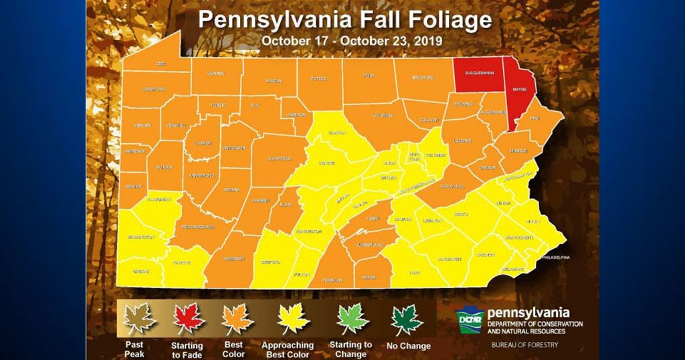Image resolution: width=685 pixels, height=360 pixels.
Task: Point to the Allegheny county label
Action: coord(159,199)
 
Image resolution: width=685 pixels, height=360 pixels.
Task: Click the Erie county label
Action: coord(161,63)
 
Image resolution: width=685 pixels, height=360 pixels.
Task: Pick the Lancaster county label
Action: coord(450,258)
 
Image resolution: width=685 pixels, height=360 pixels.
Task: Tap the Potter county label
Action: coord(318,78)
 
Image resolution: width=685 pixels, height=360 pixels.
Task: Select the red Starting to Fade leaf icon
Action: coord(189,319)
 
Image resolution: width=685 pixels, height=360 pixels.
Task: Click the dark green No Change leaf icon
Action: coord(407,319)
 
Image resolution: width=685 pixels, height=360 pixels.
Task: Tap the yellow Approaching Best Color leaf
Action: coord(293,319)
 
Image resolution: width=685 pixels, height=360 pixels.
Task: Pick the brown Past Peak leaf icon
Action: coord(140,319)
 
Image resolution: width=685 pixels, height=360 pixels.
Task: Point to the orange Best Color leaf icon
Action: coord(237,319)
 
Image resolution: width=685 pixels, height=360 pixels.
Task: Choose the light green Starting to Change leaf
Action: coord(352,319)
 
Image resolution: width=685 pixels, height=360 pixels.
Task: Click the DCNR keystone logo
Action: coord(470,319)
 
